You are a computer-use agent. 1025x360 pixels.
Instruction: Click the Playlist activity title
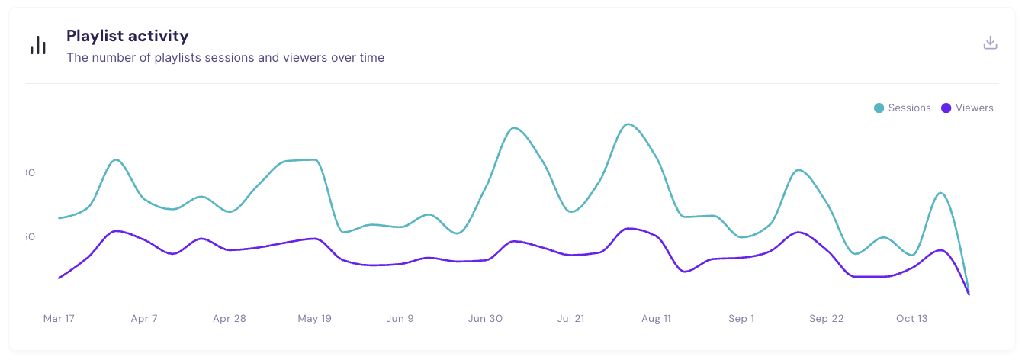click(127, 36)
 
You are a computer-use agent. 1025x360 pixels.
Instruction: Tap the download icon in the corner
click(990, 43)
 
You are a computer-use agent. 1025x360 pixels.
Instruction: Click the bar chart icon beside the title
click(38, 46)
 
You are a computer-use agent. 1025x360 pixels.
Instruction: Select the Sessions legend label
click(909, 108)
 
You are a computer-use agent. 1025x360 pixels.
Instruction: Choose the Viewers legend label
click(974, 108)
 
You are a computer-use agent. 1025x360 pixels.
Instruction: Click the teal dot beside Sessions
click(879, 108)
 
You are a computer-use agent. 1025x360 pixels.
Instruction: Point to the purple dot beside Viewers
click(946, 108)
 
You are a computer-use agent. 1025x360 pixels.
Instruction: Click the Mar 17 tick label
click(59, 319)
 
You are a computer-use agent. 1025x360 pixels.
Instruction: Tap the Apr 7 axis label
click(144, 319)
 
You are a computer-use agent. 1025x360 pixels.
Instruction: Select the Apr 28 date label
click(230, 319)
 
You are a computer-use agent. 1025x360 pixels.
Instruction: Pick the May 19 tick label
click(314, 319)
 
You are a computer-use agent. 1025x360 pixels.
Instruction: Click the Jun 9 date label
click(400, 319)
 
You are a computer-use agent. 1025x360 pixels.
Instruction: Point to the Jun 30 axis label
click(485, 319)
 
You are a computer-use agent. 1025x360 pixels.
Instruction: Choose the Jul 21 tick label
click(570, 319)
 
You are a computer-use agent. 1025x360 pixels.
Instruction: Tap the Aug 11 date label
click(656, 319)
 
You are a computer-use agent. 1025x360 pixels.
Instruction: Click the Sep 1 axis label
click(741, 319)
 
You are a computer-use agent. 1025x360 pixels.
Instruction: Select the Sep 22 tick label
click(827, 319)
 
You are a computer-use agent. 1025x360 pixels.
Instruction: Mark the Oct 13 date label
click(911, 319)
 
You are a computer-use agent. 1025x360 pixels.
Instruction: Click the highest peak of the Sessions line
click(628, 124)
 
